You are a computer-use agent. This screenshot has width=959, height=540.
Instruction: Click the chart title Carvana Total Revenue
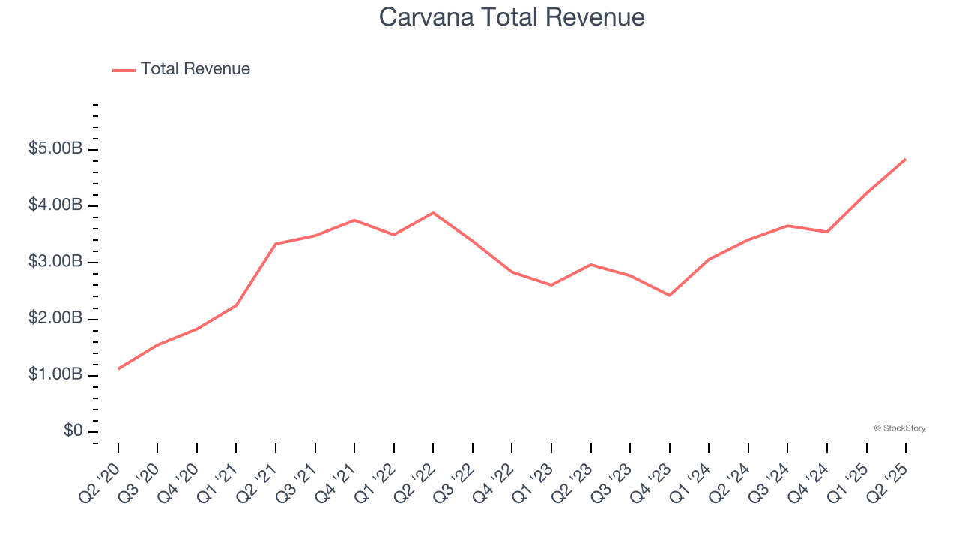point(512,17)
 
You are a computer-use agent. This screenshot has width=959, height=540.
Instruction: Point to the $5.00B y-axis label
point(55,149)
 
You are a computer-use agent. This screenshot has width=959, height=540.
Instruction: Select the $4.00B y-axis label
point(55,205)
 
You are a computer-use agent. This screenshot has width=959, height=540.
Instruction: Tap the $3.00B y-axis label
point(55,262)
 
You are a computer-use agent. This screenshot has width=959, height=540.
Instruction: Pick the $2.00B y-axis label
point(55,319)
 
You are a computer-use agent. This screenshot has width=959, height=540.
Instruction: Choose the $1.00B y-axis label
point(55,375)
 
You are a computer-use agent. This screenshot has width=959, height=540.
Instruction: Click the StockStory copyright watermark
point(899,428)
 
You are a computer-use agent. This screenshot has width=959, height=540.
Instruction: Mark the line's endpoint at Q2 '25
point(906,159)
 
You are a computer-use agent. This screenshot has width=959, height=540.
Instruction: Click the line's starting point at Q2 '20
point(118,368)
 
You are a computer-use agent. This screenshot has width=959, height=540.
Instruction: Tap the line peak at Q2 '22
point(433,213)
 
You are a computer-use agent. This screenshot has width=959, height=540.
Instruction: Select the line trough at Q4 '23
point(669,295)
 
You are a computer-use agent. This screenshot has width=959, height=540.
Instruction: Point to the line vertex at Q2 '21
point(276,244)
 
